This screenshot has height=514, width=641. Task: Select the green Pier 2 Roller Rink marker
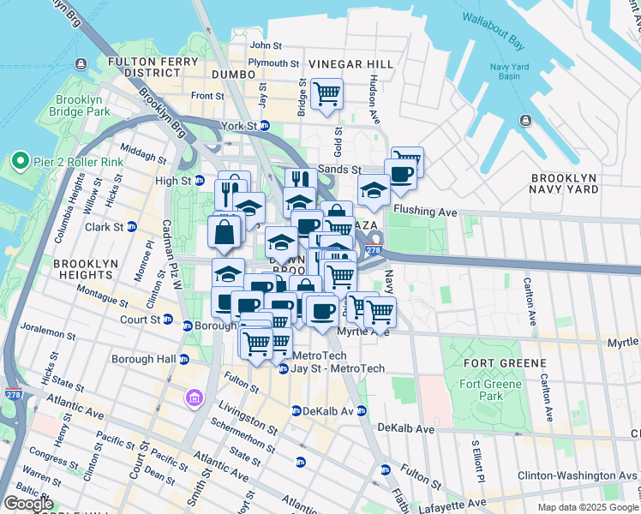(x=19, y=161)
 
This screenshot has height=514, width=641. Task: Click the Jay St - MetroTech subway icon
(x=284, y=369)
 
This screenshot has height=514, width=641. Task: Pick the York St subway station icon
(x=265, y=126)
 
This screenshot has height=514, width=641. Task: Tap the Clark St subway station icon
(x=132, y=227)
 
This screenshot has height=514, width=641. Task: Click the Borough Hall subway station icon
(x=183, y=359)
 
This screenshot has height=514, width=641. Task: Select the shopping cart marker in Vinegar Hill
(x=326, y=93)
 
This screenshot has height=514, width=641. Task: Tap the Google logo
(x=28, y=504)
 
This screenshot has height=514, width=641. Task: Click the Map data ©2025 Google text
(x=587, y=507)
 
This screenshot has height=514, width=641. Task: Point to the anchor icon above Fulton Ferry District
(x=81, y=63)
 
